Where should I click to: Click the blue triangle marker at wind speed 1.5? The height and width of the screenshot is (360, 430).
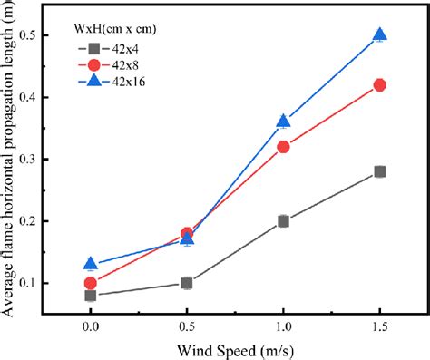380,35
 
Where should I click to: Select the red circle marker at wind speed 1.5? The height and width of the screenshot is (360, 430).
380,85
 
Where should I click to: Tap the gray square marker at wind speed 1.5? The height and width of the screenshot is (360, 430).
380,171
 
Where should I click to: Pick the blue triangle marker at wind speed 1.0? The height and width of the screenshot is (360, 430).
284,122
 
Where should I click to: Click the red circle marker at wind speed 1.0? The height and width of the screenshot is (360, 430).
284,147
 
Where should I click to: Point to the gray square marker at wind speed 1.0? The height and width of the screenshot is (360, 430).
284,220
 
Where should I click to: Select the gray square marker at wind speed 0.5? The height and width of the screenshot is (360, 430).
187,283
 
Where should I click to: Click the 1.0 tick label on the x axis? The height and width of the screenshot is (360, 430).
284,324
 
